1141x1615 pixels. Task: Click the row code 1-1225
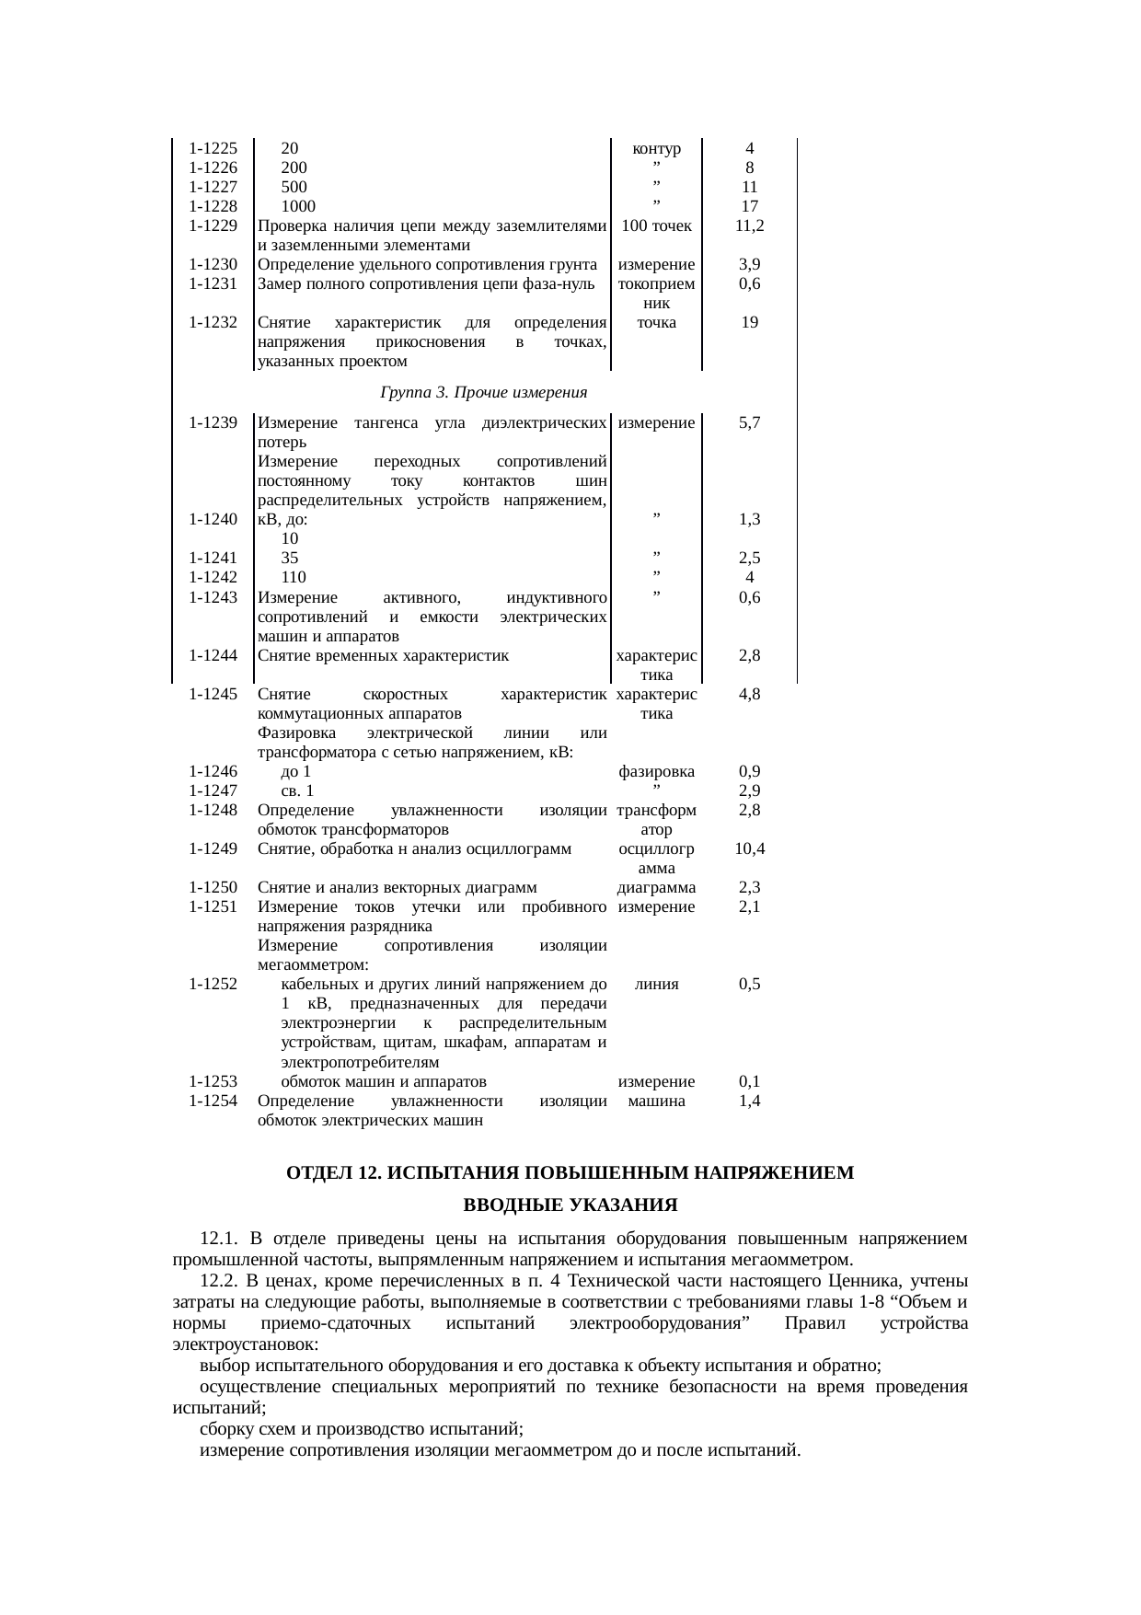tap(213, 148)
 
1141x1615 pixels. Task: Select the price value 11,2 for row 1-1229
tap(750, 225)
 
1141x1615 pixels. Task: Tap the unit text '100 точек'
tap(656, 225)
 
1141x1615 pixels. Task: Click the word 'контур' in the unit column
tap(656, 148)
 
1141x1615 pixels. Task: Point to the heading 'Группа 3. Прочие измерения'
tap(483, 393)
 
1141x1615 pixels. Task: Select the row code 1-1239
tap(213, 423)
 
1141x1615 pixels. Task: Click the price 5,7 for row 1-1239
tap(750, 423)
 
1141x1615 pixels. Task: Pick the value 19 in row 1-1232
tap(750, 322)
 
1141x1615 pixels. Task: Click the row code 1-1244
tap(213, 656)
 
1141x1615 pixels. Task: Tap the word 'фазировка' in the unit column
tap(656, 772)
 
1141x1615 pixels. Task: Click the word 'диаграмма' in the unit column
tap(656, 888)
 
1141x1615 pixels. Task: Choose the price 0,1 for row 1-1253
tap(750, 1082)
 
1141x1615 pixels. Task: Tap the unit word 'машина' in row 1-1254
tap(656, 1101)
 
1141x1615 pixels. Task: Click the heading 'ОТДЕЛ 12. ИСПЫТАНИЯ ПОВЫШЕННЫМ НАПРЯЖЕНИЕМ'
tap(570, 1173)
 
